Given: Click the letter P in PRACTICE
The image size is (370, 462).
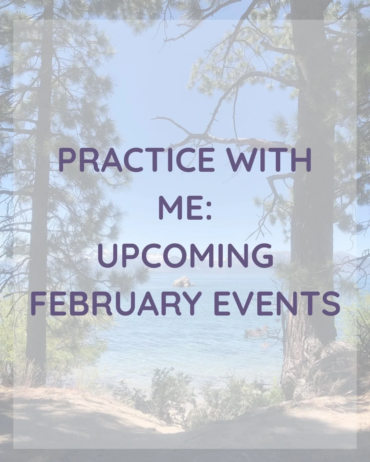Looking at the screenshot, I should pyautogui.click(x=67, y=160).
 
